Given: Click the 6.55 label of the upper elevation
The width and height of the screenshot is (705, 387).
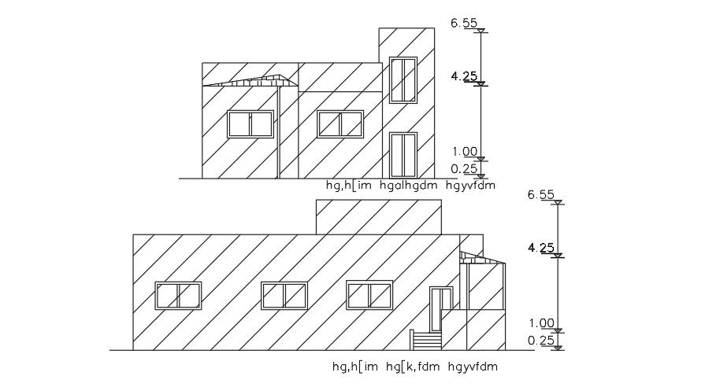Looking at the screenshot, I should [x=464, y=24].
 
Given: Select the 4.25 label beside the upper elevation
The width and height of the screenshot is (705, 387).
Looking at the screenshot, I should [x=464, y=76].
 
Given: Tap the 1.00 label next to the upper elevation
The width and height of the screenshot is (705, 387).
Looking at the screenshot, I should [x=465, y=152].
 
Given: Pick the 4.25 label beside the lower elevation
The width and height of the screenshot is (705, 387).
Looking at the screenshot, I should [x=541, y=248].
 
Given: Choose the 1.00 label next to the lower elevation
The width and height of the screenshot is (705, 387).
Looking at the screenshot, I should [x=542, y=322].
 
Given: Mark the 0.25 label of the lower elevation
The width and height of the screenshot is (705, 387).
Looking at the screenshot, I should [x=542, y=340].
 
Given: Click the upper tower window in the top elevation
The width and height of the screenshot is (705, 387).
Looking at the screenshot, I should [x=403, y=79].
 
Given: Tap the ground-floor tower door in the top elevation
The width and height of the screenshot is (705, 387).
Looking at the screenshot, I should [x=403, y=155].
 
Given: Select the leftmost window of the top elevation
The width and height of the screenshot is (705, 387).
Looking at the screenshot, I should [x=250, y=124].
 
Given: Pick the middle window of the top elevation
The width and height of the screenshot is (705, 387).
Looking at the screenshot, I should [x=340, y=124].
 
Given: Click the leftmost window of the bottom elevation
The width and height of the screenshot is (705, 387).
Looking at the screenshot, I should [x=179, y=296].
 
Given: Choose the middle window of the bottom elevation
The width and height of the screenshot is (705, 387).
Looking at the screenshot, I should [x=284, y=296].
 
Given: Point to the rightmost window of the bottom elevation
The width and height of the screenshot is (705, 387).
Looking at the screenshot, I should [x=369, y=295].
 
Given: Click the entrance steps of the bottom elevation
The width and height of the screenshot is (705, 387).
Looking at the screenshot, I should [x=425, y=341].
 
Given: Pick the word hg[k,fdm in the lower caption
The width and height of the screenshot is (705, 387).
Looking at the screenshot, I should [x=414, y=367].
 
